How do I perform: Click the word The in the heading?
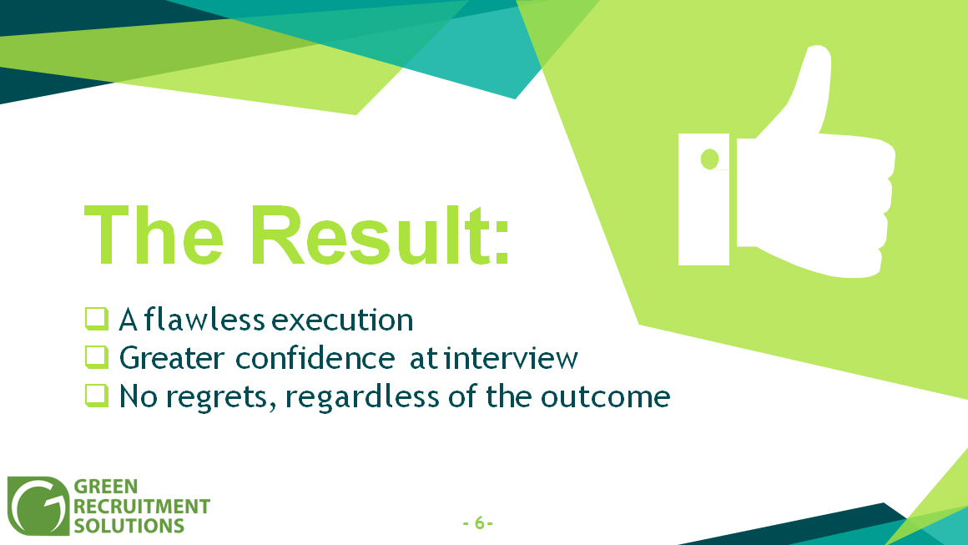[x=154, y=235]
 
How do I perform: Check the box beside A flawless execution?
[x=97, y=319]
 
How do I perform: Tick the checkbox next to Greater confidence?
[x=97, y=357]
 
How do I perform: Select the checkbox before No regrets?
[x=97, y=396]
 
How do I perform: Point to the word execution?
[x=343, y=320]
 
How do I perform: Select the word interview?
[x=512, y=358]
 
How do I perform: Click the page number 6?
[x=479, y=522]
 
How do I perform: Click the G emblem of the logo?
[x=38, y=506]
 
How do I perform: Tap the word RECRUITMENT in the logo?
[x=142, y=507]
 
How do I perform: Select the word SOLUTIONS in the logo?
[x=129, y=526]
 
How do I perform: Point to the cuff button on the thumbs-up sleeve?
[x=710, y=159]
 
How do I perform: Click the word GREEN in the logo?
[x=106, y=487]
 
